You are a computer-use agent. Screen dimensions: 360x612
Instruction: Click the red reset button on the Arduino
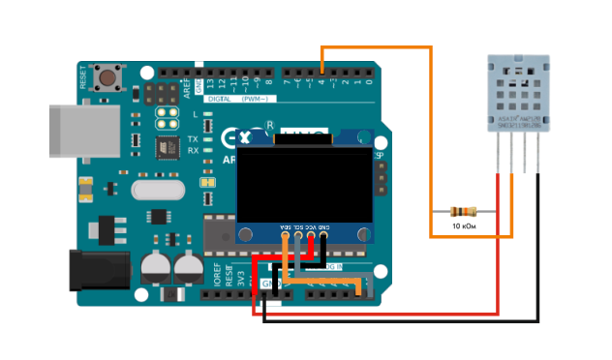(109, 76)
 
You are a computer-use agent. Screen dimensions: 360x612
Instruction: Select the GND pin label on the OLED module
(323, 224)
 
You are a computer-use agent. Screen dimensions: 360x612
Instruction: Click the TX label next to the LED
(193, 138)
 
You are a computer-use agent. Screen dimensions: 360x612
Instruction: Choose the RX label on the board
(193, 151)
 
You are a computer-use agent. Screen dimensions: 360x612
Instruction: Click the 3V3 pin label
(241, 279)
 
